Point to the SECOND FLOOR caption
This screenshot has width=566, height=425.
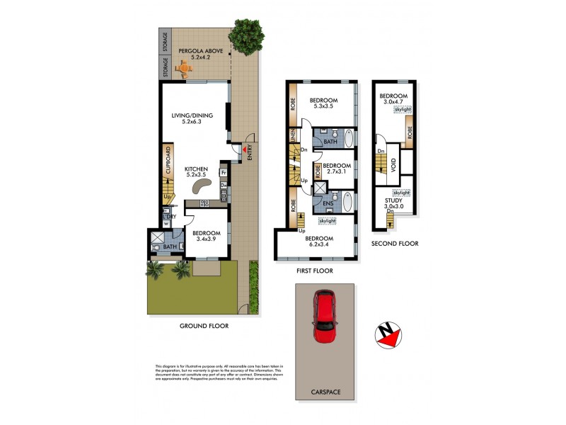pyautogui.click(x=394, y=243)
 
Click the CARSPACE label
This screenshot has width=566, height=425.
pyautogui.click(x=325, y=390)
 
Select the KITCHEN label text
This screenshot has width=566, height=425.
pyautogui.click(x=195, y=169)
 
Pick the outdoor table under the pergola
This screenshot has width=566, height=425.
pyautogui.click(x=185, y=69)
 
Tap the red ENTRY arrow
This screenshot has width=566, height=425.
pyautogui.click(x=246, y=149)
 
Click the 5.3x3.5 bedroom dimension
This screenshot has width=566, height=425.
pyautogui.click(x=323, y=107)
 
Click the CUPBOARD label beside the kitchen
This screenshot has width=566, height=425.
pyautogui.click(x=168, y=160)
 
